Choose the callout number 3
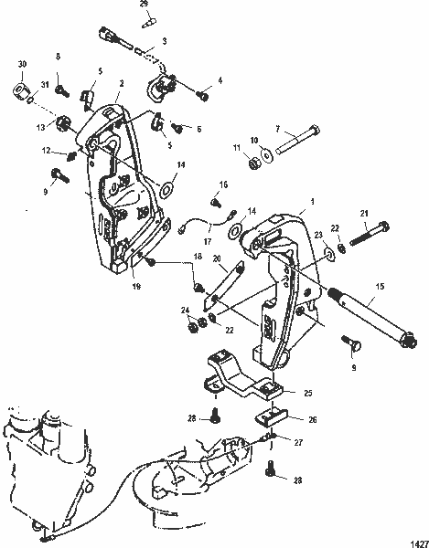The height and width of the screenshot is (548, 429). pos(163,42)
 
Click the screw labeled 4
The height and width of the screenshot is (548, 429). pos(203,95)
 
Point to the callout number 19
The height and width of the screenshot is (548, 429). pos(135,287)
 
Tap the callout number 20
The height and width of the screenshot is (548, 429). pos(218,259)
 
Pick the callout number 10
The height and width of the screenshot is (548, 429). pos(254,141)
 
